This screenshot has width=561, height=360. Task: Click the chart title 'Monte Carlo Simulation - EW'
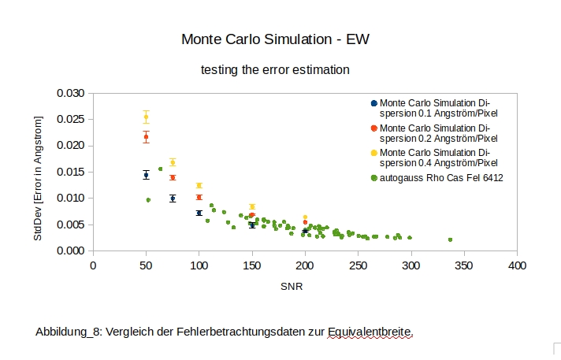point(275,39)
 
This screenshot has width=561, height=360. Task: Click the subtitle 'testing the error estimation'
point(275,69)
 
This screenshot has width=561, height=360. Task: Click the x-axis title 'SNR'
point(292,288)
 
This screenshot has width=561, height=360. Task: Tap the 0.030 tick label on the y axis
point(71,93)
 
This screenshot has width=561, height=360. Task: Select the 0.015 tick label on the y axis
point(71,172)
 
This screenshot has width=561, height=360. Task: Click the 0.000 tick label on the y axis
point(71,251)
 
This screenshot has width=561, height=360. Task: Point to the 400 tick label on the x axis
point(517,265)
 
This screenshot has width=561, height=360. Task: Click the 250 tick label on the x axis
point(358,265)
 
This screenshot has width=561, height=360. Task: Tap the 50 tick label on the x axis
point(146,265)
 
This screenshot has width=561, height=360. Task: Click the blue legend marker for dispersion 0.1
point(373,103)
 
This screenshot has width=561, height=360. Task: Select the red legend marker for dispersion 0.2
point(373,128)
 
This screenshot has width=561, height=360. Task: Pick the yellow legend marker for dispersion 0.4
point(373,153)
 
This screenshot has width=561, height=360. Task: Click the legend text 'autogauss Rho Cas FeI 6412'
point(441,178)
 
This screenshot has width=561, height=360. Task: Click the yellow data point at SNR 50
point(146,117)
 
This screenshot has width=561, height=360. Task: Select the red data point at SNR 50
point(146,137)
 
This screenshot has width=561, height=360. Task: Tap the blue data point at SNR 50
point(146,175)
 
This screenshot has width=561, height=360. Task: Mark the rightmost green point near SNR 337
point(450,239)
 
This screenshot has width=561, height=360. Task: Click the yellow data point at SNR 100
point(199,185)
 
